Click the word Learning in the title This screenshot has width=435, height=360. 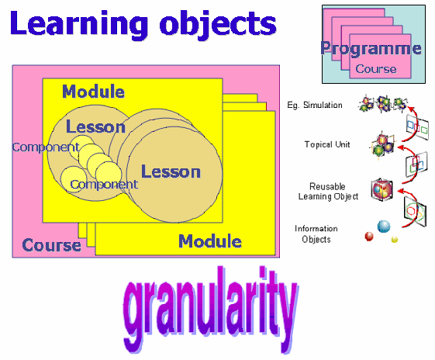pyautogui.click(x=79, y=24)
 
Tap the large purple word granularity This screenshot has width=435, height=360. pyautogui.click(x=211, y=310)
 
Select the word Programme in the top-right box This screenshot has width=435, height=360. pyautogui.click(x=371, y=48)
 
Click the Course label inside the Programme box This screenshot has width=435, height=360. pyautogui.click(x=376, y=69)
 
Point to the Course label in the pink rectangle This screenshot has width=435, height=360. pyautogui.click(x=52, y=245)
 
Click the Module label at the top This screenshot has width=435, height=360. pyautogui.click(x=93, y=92)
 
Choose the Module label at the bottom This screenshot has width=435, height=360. pyautogui.click(x=210, y=241)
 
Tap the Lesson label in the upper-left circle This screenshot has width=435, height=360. pyautogui.click(x=95, y=126)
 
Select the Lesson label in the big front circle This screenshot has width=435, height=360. pyautogui.click(x=171, y=171)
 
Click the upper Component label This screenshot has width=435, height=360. pyautogui.click(x=46, y=147)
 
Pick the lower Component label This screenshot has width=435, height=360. pyautogui.click(x=104, y=185)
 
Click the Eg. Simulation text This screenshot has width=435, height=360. pyautogui.click(x=315, y=106)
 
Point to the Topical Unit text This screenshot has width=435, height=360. pyautogui.click(x=327, y=144)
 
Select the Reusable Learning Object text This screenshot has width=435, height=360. pyautogui.click(x=328, y=191)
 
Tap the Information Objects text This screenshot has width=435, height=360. pyautogui.click(x=316, y=234)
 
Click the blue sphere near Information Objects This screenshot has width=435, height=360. pyautogui.click(x=384, y=227)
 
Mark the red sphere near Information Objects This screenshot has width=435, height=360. pyautogui.click(x=369, y=237)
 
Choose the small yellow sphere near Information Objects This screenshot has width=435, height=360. pyautogui.click(x=394, y=239)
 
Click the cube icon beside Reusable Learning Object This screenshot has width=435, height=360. pyautogui.click(x=382, y=189)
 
